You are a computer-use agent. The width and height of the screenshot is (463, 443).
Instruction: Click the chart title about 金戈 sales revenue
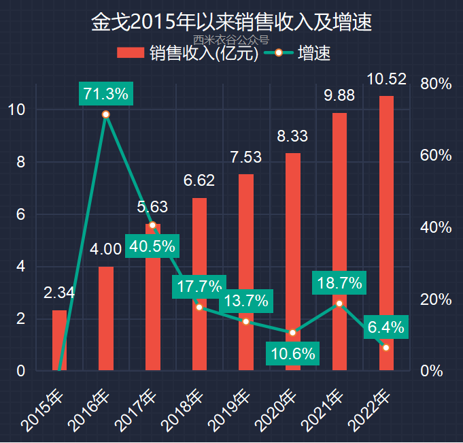(x=231, y=22)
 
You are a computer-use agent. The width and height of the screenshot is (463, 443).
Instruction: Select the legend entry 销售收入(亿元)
(x=188, y=54)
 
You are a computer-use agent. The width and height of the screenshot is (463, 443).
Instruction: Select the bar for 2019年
(x=246, y=272)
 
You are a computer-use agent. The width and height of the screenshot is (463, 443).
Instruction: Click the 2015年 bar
(x=60, y=340)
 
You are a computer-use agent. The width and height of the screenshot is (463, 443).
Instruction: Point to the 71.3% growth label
(x=106, y=94)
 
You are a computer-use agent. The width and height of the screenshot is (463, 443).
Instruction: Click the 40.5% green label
(x=152, y=246)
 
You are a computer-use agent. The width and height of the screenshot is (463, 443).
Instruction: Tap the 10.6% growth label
(x=292, y=353)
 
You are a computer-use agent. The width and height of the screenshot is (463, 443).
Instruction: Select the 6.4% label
(x=386, y=327)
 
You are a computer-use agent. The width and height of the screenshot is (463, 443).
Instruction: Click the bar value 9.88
(x=339, y=95)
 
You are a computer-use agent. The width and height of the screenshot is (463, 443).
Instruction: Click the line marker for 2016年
(x=106, y=114)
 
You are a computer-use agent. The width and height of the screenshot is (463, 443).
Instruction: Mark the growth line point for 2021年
(x=339, y=303)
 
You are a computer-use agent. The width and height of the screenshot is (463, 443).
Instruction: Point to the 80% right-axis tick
(x=436, y=84)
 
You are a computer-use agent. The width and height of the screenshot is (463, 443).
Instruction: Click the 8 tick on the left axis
(x=20, y=162)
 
